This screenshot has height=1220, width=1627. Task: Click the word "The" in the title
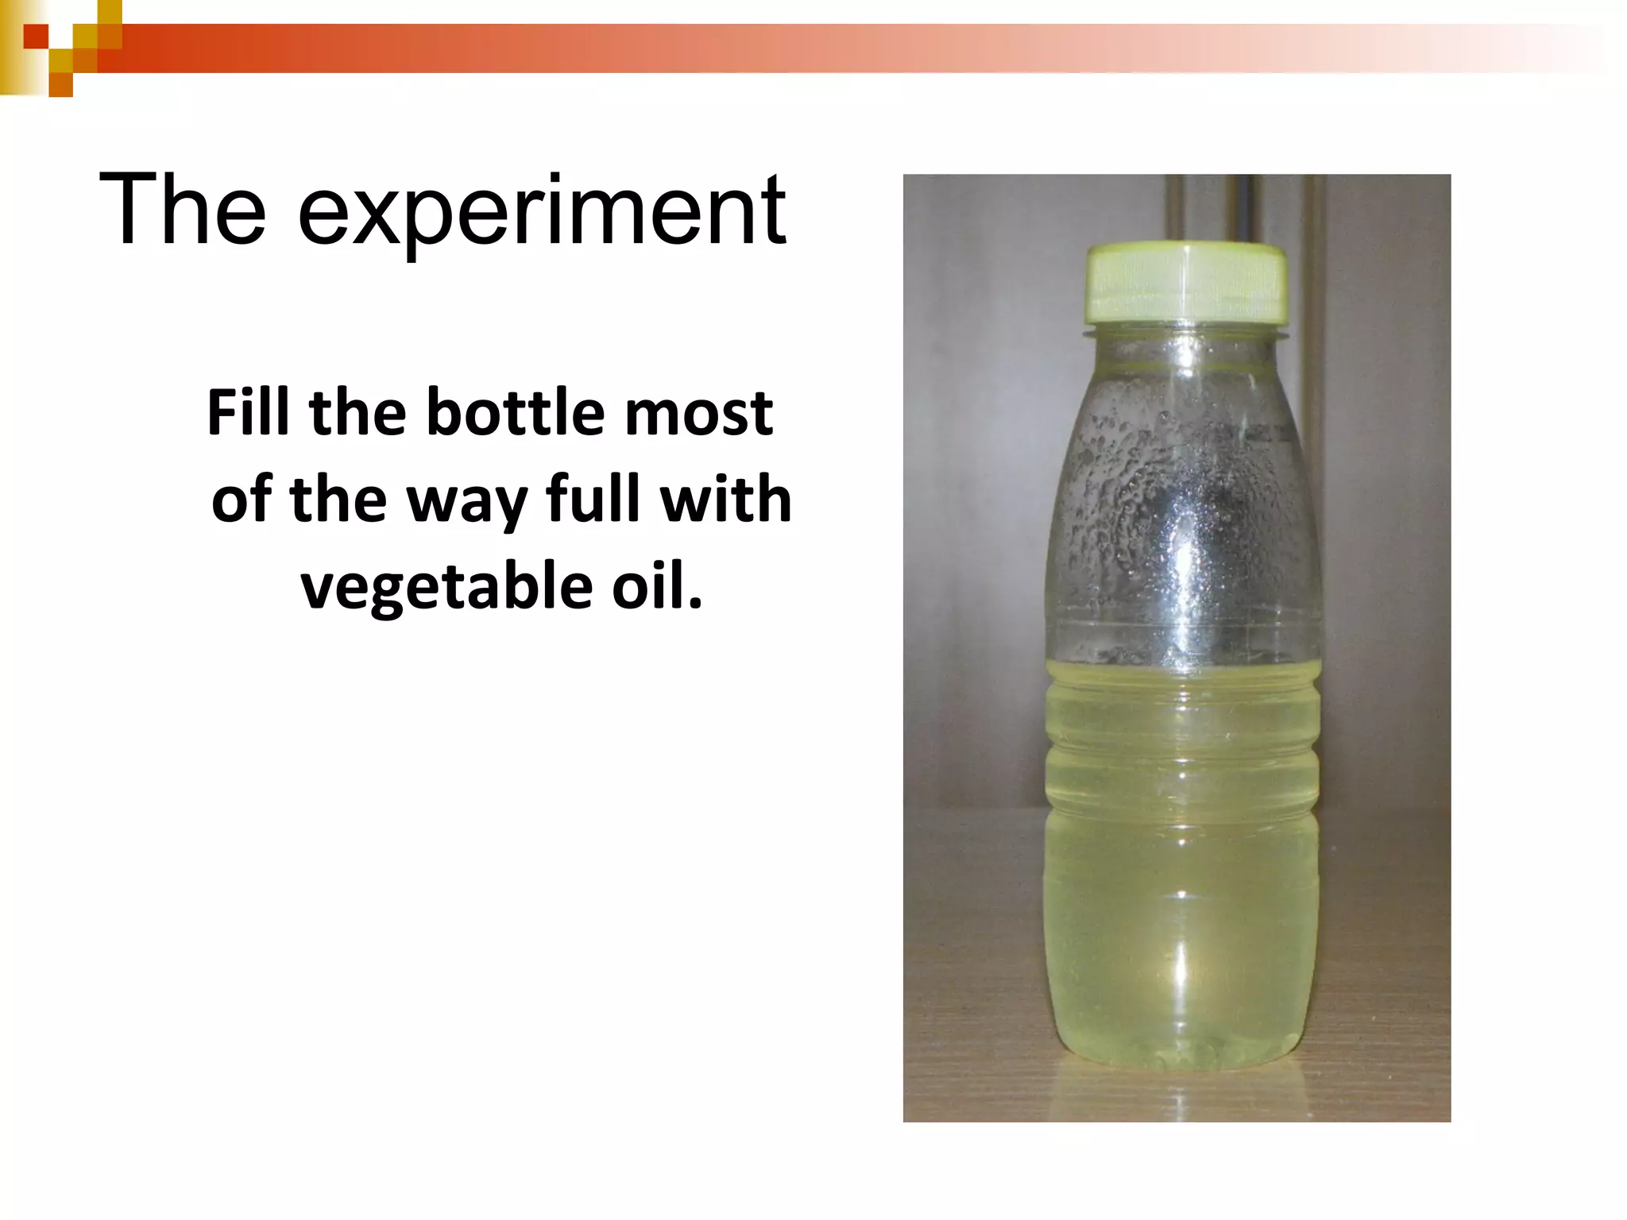182,210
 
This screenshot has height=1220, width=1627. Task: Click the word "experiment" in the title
542,213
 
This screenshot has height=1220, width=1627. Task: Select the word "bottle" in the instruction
516,412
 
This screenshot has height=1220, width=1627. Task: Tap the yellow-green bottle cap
1187,282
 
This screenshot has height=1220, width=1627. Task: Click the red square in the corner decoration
36,37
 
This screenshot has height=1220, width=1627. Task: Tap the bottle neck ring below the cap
1185,331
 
